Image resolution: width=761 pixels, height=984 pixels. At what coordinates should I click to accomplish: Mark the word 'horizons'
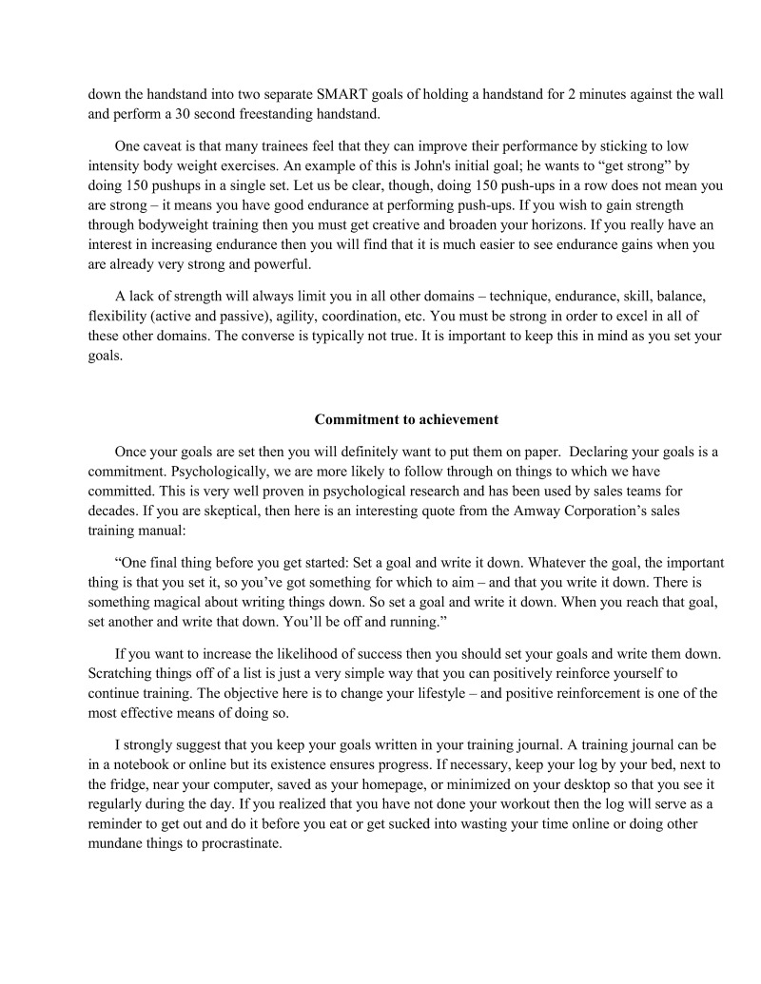pyautogui.click(x=630, y=224)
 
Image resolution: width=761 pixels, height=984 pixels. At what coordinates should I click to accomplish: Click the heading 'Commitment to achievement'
pyautogui.click(x=406, y=419)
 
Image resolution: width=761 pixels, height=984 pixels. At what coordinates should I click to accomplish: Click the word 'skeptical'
pyautogui.click(x=223, y=511)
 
